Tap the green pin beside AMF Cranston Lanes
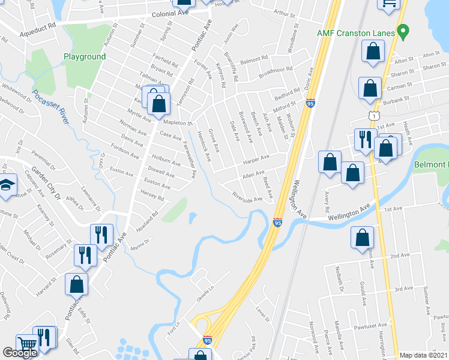point(403,30)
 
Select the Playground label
point(85,57)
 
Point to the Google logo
point(20,353)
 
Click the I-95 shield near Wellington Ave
point(277,223)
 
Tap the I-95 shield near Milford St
point(310,103)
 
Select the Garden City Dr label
point(46,182)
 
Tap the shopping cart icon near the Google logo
point(27,345)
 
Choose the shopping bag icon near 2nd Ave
point(363,238)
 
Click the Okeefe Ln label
point(204,298)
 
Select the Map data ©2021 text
point(423,355)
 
